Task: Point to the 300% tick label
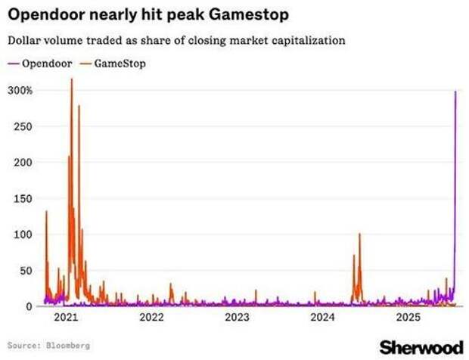[x=20, y=91]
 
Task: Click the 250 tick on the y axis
[x=23, y=126]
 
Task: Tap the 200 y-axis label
[x=23, y=163]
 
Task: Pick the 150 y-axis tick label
[x=23, y=198]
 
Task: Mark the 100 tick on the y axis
[x=23, y=234]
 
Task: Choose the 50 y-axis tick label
[x=26, y=270]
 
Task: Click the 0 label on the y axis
[x=29, y=306]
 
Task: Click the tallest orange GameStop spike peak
[x=71, y=79]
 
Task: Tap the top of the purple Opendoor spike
[x=455, y=92]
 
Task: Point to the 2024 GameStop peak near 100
[x=359, y=234]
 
